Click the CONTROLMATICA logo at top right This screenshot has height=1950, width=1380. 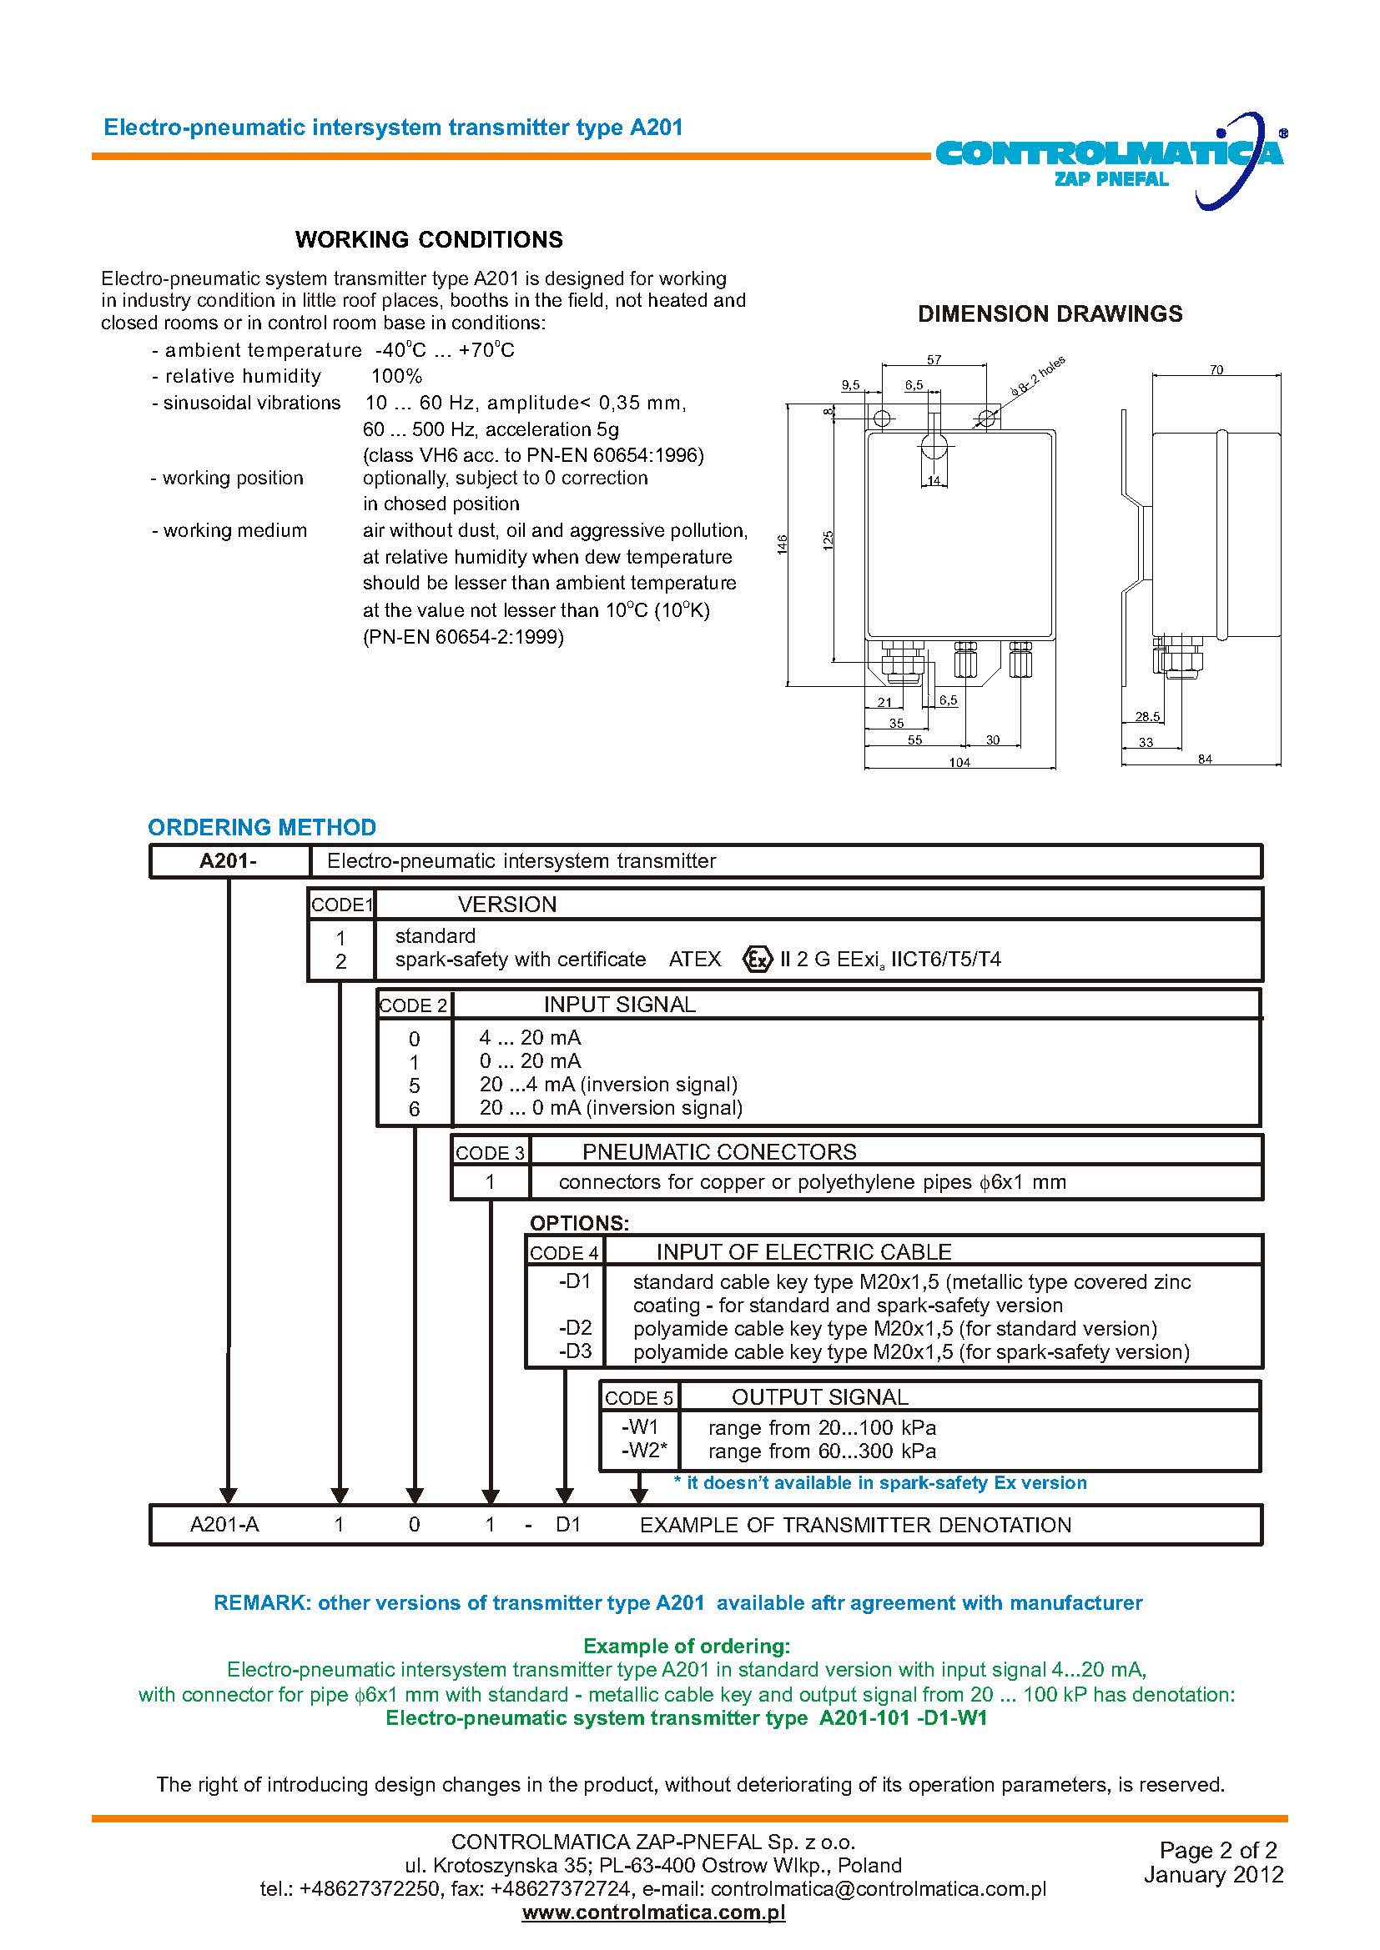coord(1110,158)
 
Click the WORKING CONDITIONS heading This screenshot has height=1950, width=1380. coord(428,239)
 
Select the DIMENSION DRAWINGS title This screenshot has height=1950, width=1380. coord(1050,313)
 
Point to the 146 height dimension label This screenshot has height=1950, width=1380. coord(783,544)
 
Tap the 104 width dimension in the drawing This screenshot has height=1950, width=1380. coord(959,762)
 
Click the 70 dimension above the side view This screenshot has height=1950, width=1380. coord(1216,369)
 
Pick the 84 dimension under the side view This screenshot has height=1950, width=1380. coord(1205,759)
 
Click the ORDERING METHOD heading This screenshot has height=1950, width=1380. coord(262,827)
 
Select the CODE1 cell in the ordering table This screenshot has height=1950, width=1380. coord(341,905)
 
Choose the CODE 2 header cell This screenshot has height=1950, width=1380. coord(413,1005)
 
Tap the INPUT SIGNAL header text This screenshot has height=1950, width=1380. coord(618,1005)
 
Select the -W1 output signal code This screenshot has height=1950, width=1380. coord(639,1426)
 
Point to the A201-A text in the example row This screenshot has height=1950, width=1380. coord(224,1525)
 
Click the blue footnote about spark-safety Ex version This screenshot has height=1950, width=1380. coord(879,1483)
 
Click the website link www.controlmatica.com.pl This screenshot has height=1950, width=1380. coord(653,1912)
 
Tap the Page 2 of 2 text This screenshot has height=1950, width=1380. coord(1217,1850)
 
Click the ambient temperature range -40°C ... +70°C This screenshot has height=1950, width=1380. coord(445,350)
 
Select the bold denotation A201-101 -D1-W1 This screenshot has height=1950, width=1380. coord(903,1718)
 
